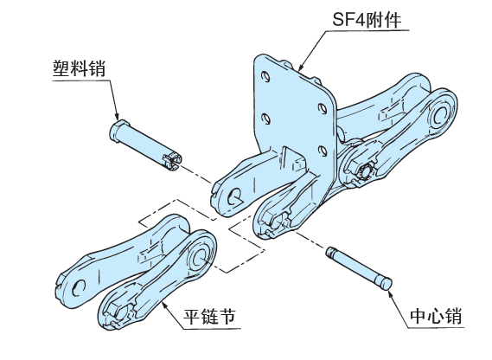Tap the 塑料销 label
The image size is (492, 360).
tap(79, 68)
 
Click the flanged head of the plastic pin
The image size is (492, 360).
tap(118, 131)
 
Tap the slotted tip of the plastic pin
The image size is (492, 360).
tap(173, 158)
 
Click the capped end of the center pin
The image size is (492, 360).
tap(385, 281)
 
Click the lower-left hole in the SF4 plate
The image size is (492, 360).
tap(263, 117)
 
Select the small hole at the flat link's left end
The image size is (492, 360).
tap(80, 286)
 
